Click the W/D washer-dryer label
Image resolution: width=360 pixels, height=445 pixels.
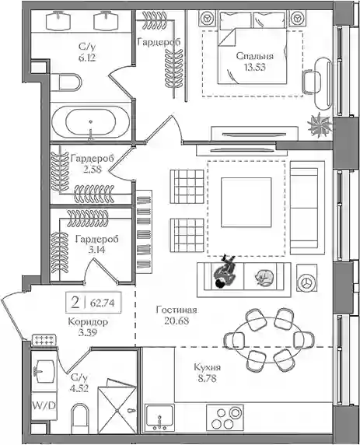44,406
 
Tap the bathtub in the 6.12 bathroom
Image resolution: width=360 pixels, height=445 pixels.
91,122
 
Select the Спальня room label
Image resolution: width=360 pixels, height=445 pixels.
255,56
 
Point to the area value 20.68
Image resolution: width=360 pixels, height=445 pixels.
177,321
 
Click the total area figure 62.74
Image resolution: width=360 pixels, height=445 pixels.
103,303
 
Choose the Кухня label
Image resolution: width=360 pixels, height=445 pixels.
207,367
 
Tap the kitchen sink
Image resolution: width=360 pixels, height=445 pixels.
159,417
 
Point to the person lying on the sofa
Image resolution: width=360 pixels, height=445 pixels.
225,272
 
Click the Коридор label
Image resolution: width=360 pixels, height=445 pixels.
88,322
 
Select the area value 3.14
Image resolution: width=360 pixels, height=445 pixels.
96,250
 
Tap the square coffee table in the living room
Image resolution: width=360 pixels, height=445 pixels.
246,202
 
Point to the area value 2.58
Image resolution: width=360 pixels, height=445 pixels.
93,170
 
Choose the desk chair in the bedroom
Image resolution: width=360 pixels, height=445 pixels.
309,82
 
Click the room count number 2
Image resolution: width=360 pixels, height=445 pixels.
75,303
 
